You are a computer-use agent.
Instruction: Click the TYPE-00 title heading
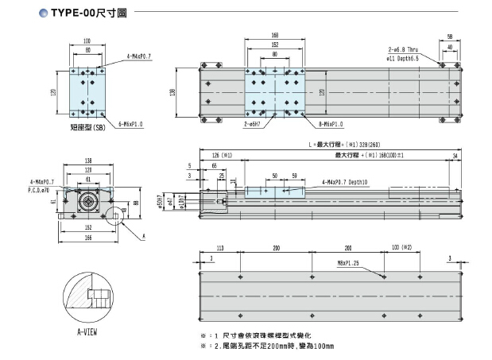coord(71,13)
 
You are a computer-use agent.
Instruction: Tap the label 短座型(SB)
coord(89,127)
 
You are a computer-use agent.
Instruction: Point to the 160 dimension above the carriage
coord(275,35)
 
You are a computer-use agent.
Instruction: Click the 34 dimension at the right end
coord(454,156)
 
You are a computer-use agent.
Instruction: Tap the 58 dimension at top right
coord(450,37)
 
